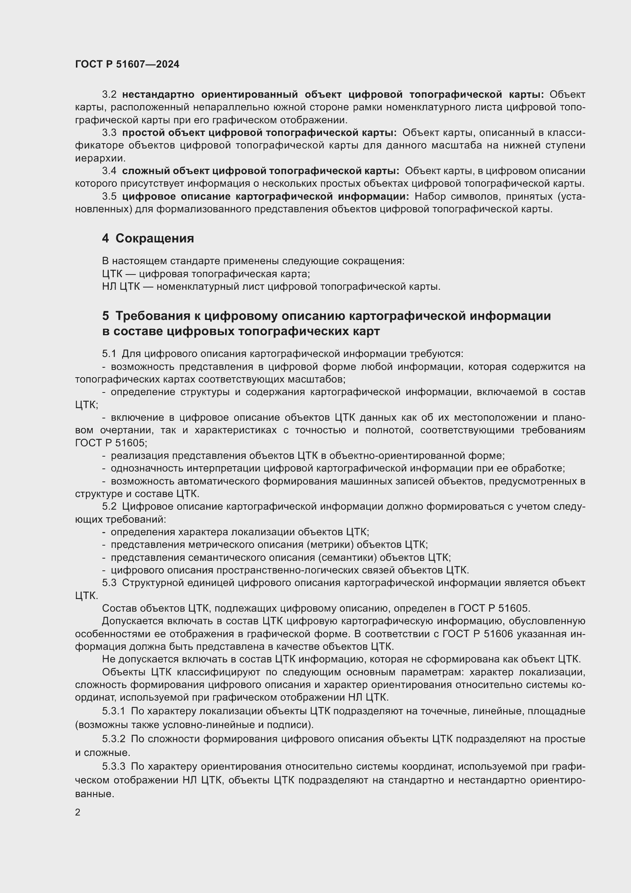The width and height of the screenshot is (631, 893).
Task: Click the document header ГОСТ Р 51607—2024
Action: (x=127, y=65)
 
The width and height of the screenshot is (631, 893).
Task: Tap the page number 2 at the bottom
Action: (x=78, y=812)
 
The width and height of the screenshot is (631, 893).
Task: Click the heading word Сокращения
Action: (x=155, y=238)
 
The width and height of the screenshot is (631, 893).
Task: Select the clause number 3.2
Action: (x=109, y=95)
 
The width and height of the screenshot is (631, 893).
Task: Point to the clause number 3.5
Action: (x=109, y=197)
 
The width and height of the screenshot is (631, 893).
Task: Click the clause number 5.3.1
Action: (x=113, y=711)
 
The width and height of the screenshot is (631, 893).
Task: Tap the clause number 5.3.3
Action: (x=113, y=767)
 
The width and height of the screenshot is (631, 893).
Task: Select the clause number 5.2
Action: (x=109, y=506)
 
